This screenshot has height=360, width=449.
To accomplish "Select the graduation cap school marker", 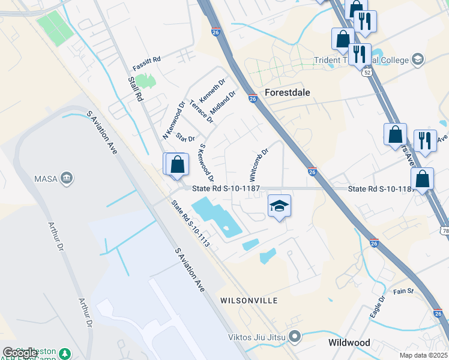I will click(279, 206).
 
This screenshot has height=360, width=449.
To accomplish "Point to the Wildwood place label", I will click(349, 343).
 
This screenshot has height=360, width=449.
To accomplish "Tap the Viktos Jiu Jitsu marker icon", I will click(294, 336).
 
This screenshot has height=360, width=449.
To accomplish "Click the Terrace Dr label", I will click(202, 112).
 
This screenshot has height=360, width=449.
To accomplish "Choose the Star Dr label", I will click(185, 137).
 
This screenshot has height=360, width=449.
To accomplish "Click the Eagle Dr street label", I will click(377, 308).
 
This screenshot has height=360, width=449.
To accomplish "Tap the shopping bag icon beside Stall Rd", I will click(177, 164).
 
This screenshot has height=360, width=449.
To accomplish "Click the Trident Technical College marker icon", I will click(418, 59).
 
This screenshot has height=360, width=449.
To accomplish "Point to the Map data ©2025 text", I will click(424, 355).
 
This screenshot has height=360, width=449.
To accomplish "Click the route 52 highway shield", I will click(366, 71).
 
